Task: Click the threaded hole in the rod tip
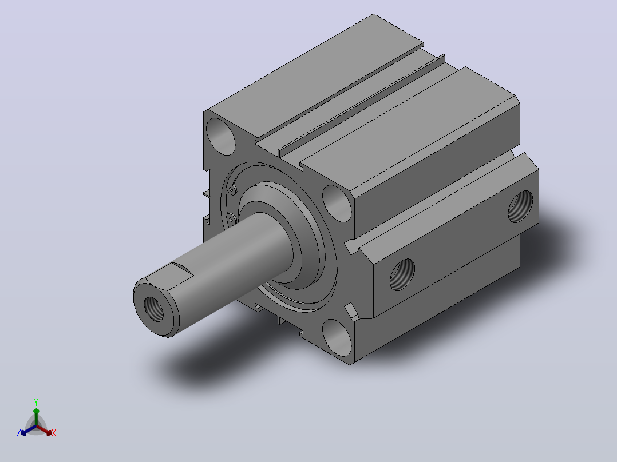coord(154,309)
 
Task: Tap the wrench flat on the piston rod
coord(173,276)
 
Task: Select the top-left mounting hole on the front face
coord(220,136)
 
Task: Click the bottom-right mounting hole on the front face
coord(337,338)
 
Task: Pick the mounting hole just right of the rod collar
coord(337,204)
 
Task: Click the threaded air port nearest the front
coord(402,274)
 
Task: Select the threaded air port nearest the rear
coord(520,206)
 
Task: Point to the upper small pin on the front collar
coord(232,190)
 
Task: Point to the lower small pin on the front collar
coord(232,218)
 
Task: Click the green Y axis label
coord(36,402)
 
